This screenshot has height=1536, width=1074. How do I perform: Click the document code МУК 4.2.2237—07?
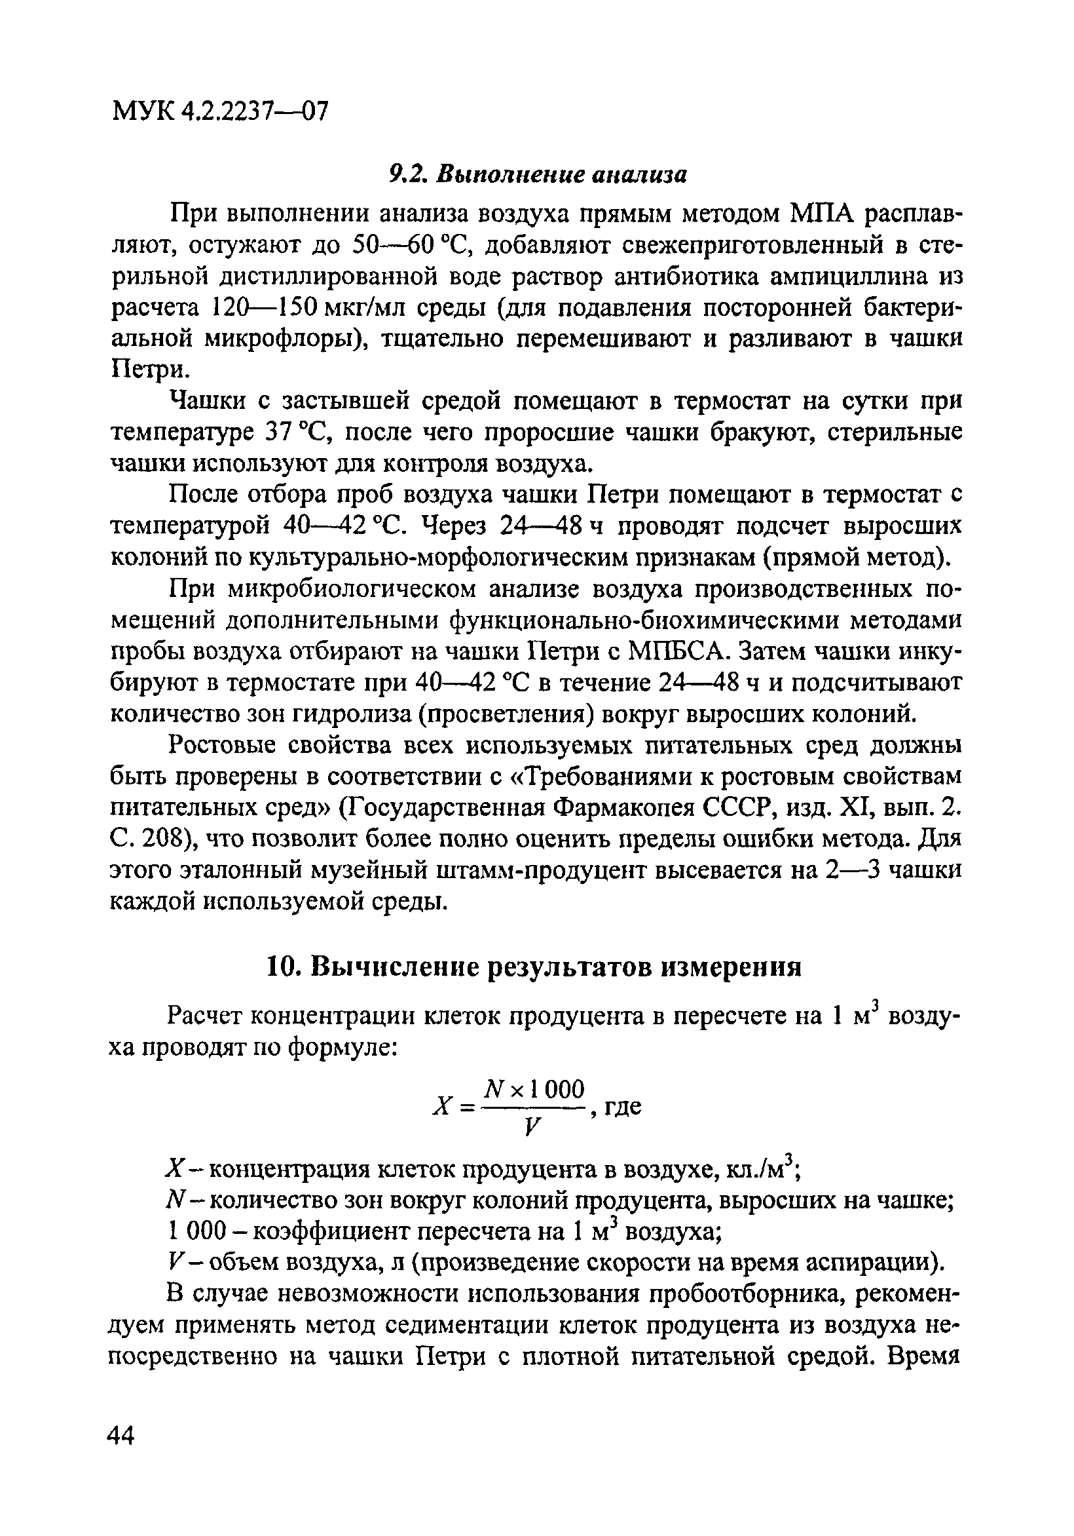[220, 110]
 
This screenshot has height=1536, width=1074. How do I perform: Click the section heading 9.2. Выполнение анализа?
[538, 174]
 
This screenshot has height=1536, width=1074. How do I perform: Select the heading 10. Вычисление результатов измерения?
[534, 967]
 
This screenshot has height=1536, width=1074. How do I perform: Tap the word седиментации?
[456, 1326]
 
